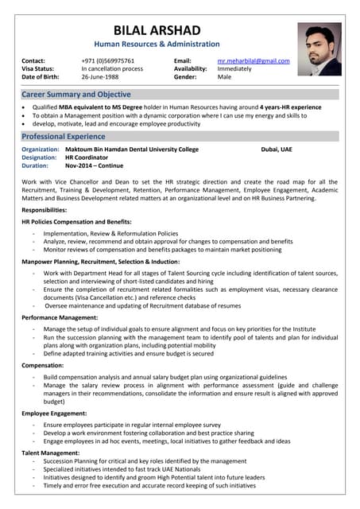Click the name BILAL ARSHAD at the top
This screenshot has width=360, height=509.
(x=157, y=29)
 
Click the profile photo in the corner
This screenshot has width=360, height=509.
(x=319, y=49)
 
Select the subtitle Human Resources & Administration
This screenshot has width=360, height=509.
(x=157, y=45)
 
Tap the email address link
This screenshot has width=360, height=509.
(x=254, y=60)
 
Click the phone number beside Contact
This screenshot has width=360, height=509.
(x=107, y=60)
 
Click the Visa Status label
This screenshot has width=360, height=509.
(x=40, y=69)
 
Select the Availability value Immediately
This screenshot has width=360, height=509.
(x=234, y=69)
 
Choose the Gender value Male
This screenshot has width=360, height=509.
(x=225, y=77)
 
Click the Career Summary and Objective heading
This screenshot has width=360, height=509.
(x=75, y=95)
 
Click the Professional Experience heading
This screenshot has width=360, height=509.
(x=64, y=137)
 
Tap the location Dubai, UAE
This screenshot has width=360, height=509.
(x=276, y=150)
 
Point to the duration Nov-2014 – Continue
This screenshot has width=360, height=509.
(x=94, y=165)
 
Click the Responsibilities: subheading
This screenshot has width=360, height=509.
(x=50, y=209)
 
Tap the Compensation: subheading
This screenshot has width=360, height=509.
(x=43, y=365)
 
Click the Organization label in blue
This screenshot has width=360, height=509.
(x=41, y=150)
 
